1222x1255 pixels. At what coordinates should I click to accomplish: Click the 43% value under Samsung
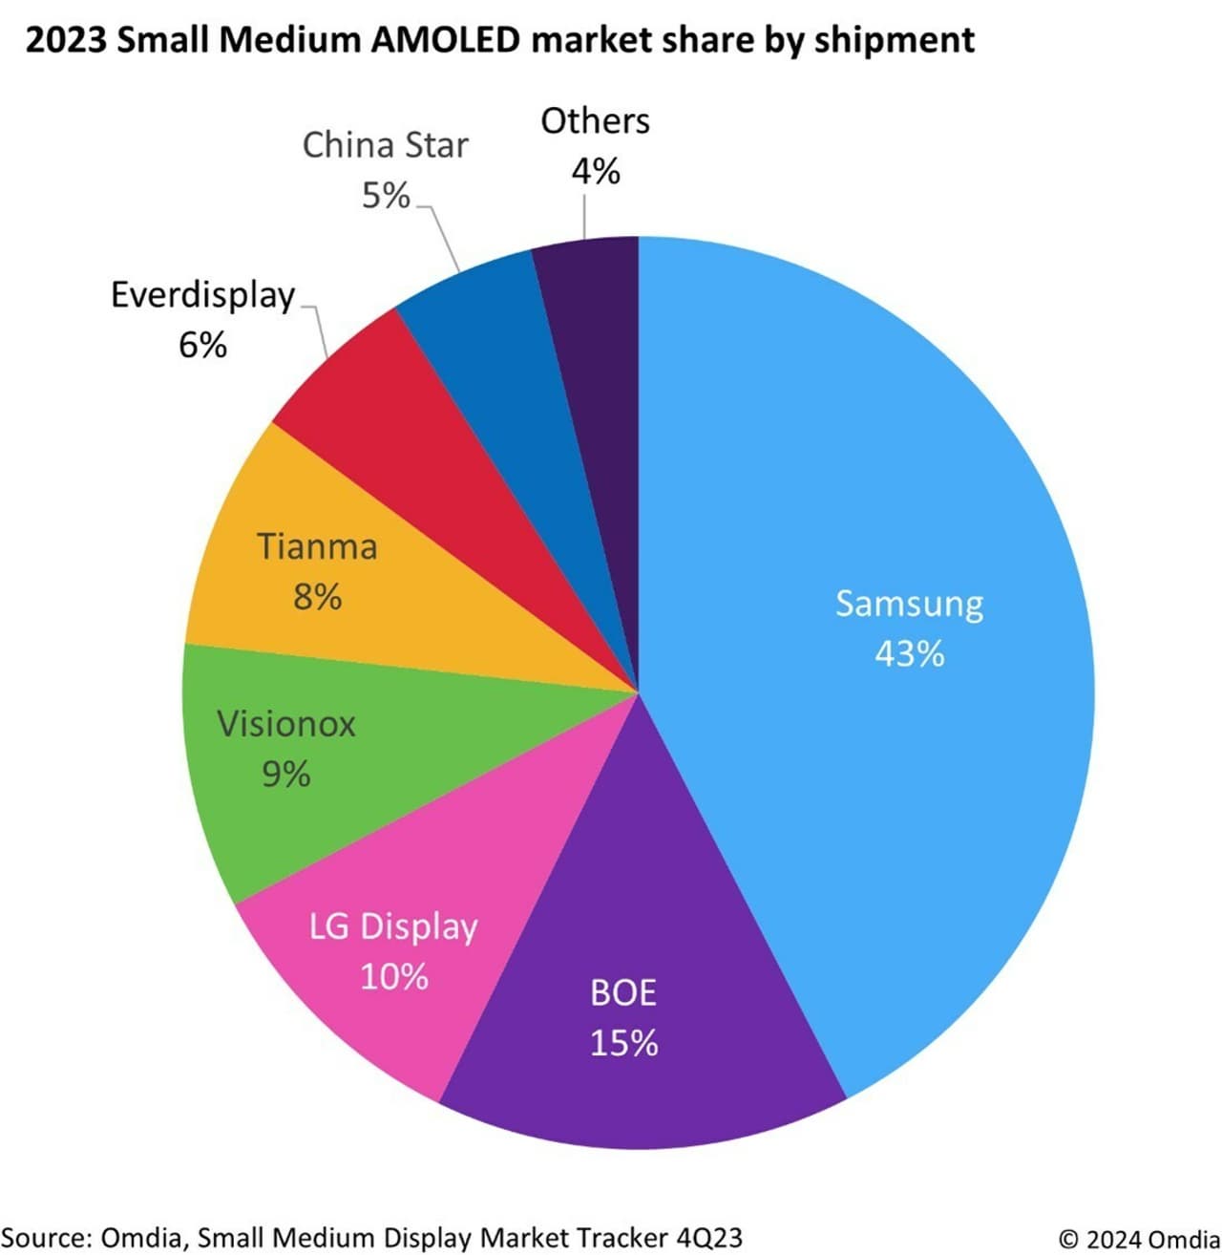pyautogui.click(x=909, y=654)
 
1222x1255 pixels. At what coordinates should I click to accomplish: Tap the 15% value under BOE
pyautogui.click(x=623, y=1043)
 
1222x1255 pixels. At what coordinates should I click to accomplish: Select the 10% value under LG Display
pyautogui.click(x=393, y=977)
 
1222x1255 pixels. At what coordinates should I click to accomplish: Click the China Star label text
pyautogui.click(x=385, y=145)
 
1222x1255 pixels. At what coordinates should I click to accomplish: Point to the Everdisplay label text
pyautogui.click(x=202, y=295)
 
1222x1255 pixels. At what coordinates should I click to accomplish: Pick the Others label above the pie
pyautogui.click(x=595, y=121)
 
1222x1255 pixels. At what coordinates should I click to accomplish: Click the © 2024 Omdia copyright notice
pyautogui.click(x=1138, y=1239)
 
